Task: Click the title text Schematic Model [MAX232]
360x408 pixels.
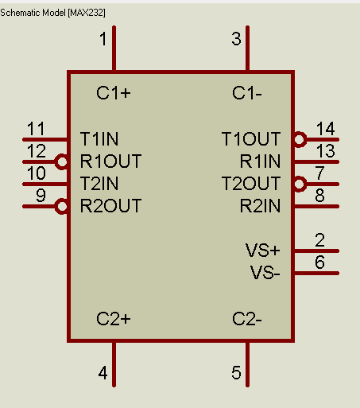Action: coord(52,13)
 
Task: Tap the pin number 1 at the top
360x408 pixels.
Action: coord(103,39)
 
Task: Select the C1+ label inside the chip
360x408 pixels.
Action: coord(114,93)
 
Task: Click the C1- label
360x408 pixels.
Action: coord(247,93)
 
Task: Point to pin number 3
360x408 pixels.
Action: coord(236,39)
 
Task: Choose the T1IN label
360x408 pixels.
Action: coord(99,139)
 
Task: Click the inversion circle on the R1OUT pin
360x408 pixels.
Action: coord(62,161)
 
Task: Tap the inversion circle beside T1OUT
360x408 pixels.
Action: coord(300,139)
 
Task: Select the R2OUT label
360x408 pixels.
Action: coord(110,206)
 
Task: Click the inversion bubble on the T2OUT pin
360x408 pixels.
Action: coord(300,184)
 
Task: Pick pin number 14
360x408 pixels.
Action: coord(326,129)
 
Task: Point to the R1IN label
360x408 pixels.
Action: coord(260,161)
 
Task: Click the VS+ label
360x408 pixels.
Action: coord(262,251)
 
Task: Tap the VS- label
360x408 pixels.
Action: coord(265,273)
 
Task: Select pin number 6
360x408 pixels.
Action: coord(319,262)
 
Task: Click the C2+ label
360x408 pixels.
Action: coord(114,319)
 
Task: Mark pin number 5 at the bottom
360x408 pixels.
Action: coord(236,372)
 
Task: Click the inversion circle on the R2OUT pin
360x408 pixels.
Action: coord(62,206)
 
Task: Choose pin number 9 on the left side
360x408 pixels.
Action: coord(41,196)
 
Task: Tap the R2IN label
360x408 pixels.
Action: coord(260,206)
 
